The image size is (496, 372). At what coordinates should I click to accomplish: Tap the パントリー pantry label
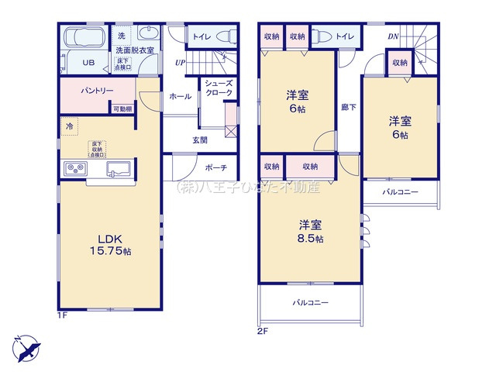tap(98, 91)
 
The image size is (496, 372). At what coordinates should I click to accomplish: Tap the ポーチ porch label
tap(217, 167)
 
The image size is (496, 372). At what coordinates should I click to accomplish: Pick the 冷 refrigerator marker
tap(69, 126)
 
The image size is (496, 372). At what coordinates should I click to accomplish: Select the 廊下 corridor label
tap(349, 107)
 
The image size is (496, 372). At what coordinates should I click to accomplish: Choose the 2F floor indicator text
tap(263, 331)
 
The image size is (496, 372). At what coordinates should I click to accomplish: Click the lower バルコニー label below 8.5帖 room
tap(311, 302)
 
